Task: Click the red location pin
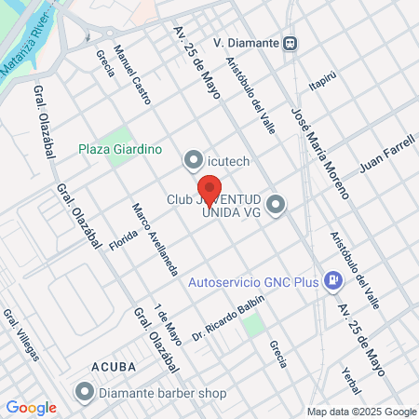(209, 185)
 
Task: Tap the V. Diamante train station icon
(291, 42)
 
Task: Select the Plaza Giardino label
(120, 148)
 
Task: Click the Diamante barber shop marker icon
(85, 392)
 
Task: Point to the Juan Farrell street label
(385, 155)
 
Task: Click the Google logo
(32, 407)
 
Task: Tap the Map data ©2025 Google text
(362, 412)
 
